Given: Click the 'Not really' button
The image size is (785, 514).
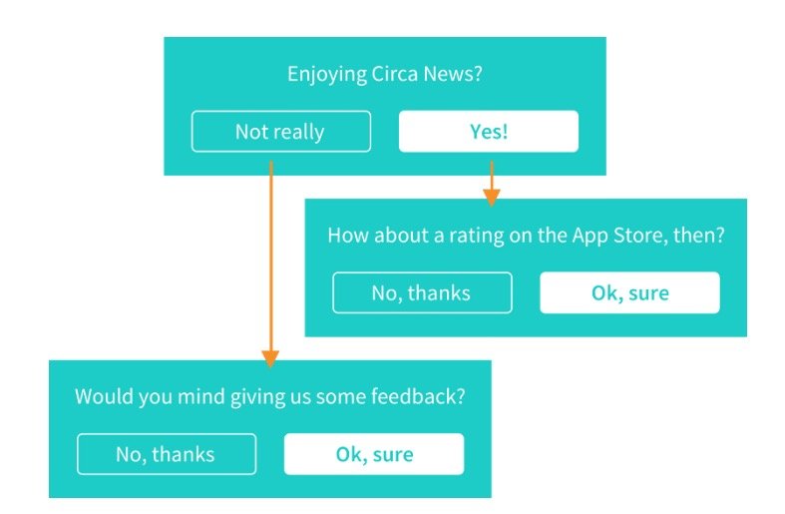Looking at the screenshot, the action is click(x=281, y=132).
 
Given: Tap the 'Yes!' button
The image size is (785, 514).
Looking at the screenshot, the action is click(x=489, y=132).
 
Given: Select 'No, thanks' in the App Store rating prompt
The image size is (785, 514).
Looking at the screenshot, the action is click(x=422, y=292).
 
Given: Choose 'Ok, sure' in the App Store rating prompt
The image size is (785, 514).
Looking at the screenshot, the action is click(x=629, y=292).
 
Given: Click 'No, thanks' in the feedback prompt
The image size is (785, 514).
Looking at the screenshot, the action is click(x=167, y=454).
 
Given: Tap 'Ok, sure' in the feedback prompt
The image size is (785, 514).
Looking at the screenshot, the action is click(x=374, y=454).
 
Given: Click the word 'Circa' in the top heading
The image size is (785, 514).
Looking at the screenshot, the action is click(x=395, y=74).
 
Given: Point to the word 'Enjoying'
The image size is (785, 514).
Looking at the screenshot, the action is click(x=327, y=75).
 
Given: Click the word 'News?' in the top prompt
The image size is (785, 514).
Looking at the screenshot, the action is click(x=453, y=74).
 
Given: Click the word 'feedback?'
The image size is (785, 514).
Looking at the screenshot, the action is click(x=418, y=396).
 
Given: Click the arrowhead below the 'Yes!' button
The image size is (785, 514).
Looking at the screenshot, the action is click(x=492, y=198).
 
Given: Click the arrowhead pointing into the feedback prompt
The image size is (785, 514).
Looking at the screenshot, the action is click(x=270, y=358).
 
